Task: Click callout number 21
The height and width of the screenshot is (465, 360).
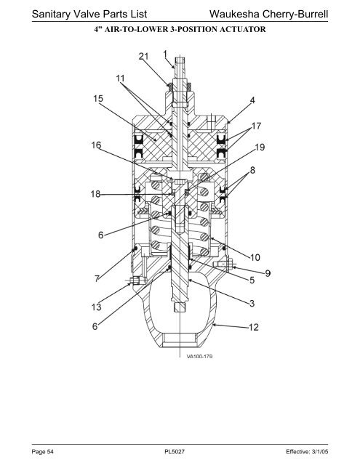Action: [143, 56]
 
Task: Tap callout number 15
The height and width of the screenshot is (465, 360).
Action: [98, 98]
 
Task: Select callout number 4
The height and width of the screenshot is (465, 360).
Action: [252, 100]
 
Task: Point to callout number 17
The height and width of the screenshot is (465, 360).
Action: [256, 126]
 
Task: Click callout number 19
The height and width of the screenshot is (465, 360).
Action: [260, 147]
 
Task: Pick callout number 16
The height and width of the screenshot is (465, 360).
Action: [96, 145]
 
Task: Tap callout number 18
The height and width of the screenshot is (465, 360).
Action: [95, 194]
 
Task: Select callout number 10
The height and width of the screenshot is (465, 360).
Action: [255, 257]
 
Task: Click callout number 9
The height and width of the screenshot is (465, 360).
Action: [268, 273]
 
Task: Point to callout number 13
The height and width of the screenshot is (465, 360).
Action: [97, 307]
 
